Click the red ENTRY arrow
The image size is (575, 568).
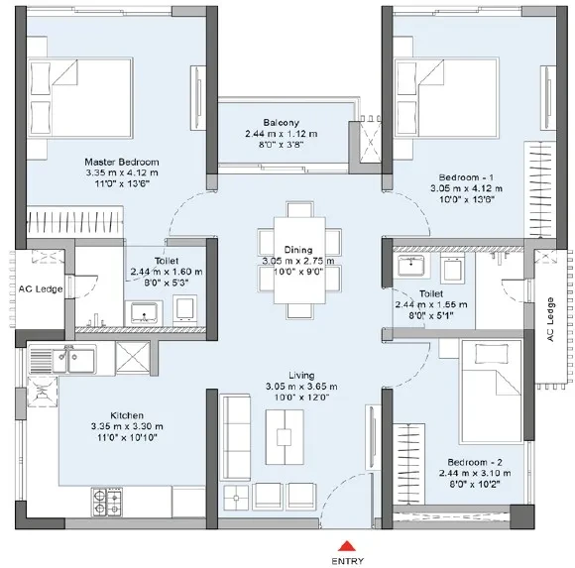(347, 545)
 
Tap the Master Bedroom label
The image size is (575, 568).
(122, 162)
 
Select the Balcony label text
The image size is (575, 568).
(281, 123)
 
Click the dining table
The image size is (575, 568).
(299, 260)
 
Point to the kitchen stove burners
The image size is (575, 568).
(107, 502)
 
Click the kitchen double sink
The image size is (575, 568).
(73, 360)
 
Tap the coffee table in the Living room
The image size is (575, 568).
(285, 437)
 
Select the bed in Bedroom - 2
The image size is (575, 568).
(492, 392)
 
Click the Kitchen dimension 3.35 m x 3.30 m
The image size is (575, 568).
(127, 426)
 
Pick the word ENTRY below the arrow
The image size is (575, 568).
(348, 561)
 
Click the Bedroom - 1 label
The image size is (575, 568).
(466, 177)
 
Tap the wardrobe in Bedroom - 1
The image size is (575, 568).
(537, 189)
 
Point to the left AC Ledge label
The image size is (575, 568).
(41, 288)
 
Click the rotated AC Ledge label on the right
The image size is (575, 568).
(550, 319)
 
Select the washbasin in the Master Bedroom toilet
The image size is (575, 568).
(144, 313)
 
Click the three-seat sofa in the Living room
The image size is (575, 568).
(235, 437)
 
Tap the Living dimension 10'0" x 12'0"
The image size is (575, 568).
(301, 398)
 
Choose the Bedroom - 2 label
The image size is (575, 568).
(475, 462)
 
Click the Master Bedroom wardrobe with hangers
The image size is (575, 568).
(74, 223)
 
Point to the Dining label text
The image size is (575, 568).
(298, 250)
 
